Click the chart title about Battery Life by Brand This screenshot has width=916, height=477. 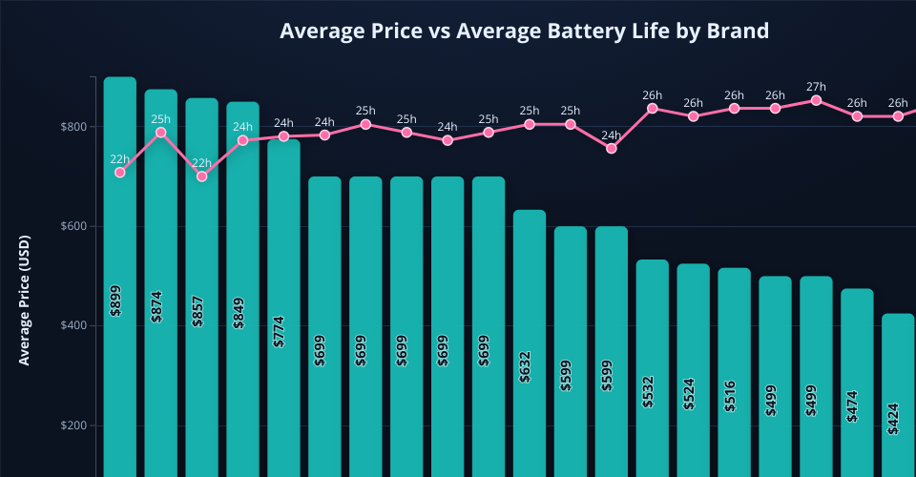[524, 31]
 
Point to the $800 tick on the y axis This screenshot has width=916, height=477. [73, 127]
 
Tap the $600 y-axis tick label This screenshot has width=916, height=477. [73, 226]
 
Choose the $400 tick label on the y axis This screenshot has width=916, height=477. [73, 326]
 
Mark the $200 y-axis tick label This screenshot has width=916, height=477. [73, 425]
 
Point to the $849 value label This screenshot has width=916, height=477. [239, 308]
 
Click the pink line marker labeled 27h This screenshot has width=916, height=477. [816, 100]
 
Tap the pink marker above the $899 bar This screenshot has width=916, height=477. [120, 172]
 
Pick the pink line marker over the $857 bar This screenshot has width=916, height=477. [201, 176]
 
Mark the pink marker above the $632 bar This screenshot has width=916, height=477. [530, 124]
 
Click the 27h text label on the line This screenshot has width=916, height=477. [816, 87]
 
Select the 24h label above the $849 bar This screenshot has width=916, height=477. [242, 127]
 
